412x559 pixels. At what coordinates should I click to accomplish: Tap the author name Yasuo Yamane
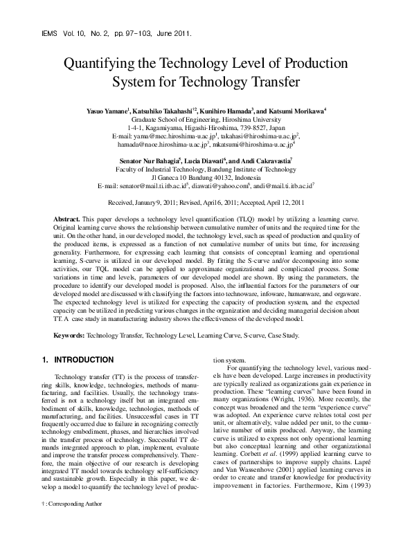107,110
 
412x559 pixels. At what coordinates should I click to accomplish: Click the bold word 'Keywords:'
69,336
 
